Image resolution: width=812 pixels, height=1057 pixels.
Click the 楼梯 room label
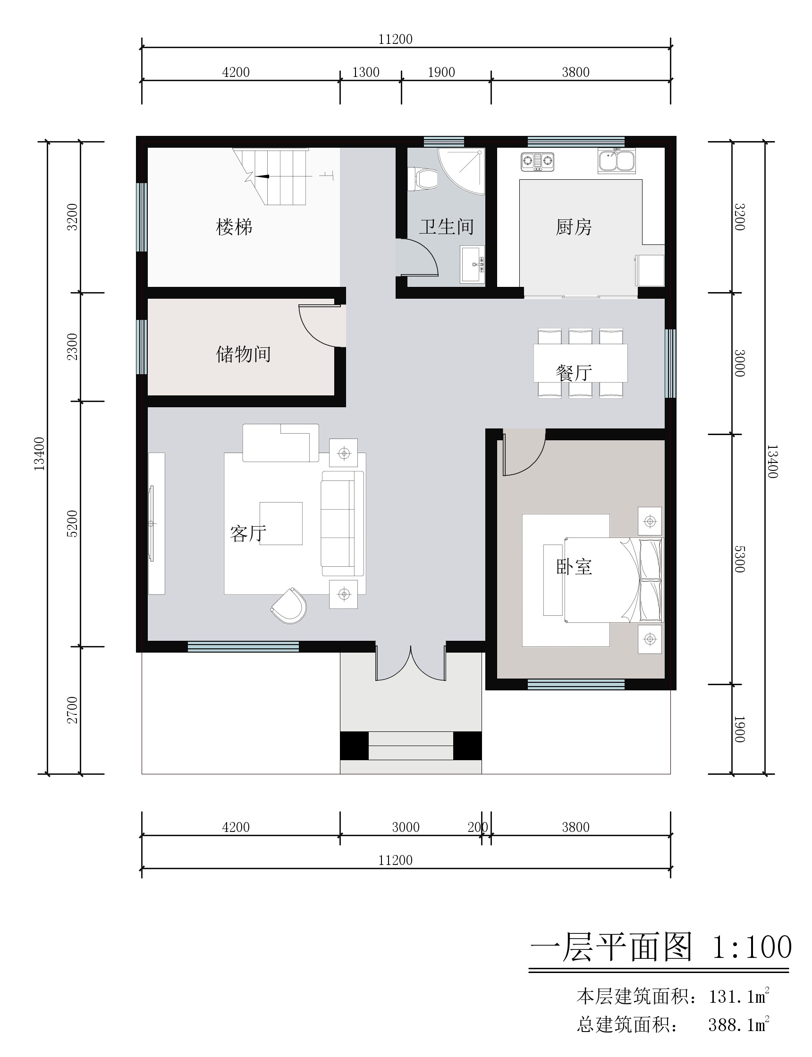pos(234,227)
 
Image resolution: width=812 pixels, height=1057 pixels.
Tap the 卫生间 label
pos(446,226)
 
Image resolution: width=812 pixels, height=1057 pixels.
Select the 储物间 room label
pos(243,354)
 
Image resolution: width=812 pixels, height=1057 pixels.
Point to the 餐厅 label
pos(574,372)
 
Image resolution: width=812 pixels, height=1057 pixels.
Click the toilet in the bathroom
pos(423,178)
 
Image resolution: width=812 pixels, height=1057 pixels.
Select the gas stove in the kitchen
pos(537,162)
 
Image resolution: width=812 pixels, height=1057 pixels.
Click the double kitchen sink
pos(617,160)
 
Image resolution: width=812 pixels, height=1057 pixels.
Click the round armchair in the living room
pos(289,605)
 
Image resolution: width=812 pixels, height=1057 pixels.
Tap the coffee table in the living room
pos(281,523)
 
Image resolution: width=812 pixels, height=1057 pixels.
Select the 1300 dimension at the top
pos(366,72)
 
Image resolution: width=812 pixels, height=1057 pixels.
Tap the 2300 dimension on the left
pos(72,346)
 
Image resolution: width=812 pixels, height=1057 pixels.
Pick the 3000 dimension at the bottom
pos(406,827)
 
